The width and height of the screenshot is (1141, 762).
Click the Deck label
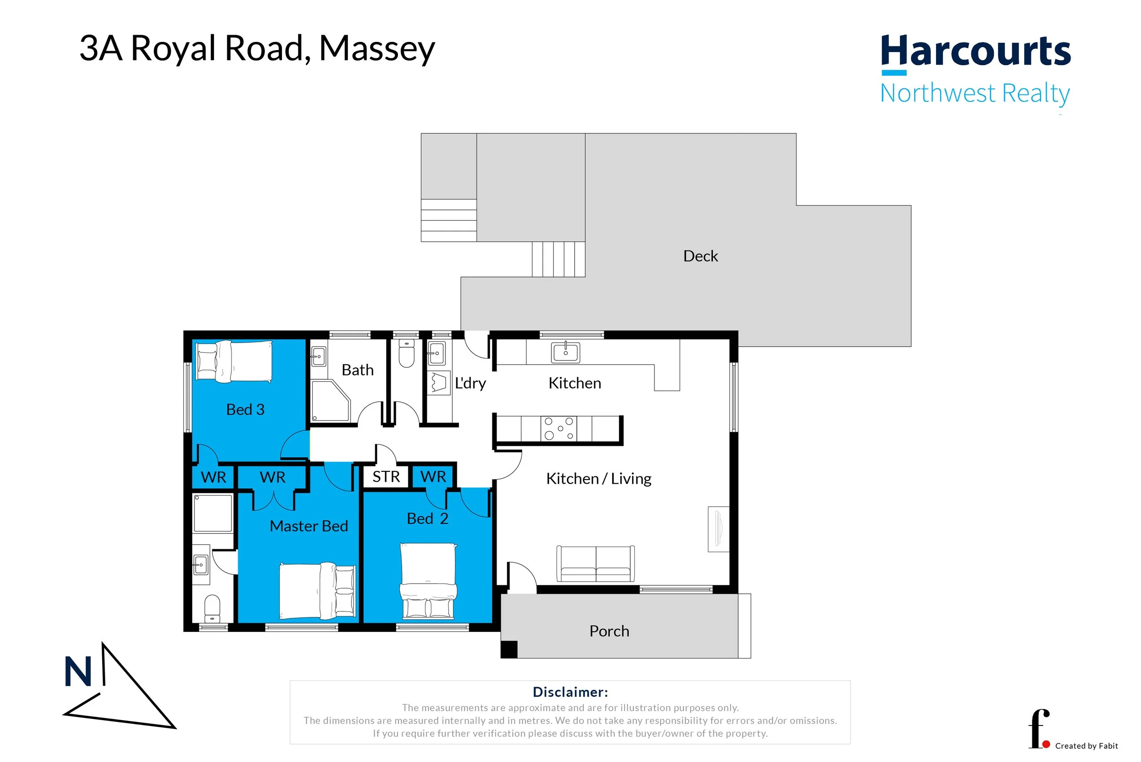point(700,256)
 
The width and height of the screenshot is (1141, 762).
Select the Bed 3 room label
point(246,409)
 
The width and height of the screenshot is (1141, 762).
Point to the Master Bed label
point(309,526)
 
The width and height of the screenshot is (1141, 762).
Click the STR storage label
point(386,477)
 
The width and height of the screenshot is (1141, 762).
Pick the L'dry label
point(470,383)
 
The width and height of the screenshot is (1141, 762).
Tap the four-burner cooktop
point(559,428)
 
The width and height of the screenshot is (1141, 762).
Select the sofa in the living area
point(595,564)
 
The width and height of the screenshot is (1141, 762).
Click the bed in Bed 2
point(428,581)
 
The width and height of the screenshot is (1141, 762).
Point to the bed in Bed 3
point(234,360)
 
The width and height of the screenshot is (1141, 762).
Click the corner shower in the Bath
point(330,401)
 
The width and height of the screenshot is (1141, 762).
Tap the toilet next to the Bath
point(406,353)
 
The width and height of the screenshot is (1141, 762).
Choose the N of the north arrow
point(78,672)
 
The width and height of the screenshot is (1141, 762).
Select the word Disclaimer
point(570,692)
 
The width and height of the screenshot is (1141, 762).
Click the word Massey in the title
point(377,49)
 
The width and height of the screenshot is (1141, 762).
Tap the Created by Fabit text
point(1087,746)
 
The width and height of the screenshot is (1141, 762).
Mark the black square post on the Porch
point(509,650)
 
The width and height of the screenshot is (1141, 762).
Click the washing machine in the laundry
point(439,383)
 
